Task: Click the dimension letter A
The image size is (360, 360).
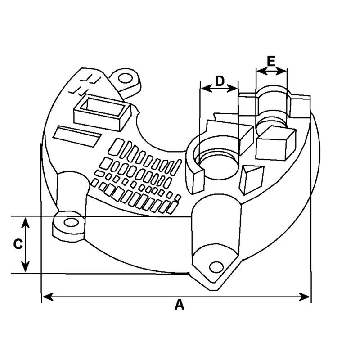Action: coord(180,305)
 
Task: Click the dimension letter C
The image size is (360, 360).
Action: coord(18,244)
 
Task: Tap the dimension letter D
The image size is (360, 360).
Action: coord(219,81)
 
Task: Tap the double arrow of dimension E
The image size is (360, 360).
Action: coord(271,71)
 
